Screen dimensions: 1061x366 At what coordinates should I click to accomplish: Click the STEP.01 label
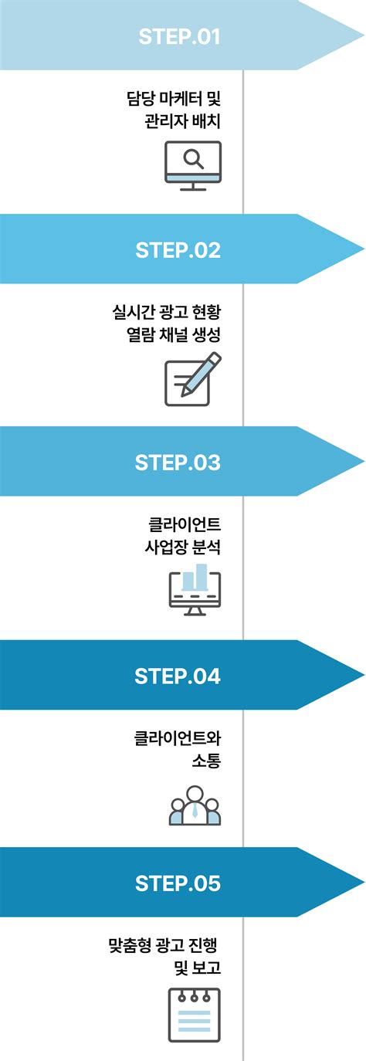tap(179, 36)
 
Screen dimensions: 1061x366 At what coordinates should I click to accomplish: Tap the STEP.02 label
tap(178, 250)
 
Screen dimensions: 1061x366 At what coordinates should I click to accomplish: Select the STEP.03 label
tap(178, 463)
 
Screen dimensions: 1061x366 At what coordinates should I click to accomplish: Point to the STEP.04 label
tap(178, 676)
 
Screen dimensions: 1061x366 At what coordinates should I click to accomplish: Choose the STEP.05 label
tap(178, 883)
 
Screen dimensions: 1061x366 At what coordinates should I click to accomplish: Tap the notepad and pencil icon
tap(192, 378)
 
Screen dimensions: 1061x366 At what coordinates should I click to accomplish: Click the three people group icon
tap(195, 805)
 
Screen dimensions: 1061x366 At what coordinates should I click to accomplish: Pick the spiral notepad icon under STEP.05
tap(195, 1015)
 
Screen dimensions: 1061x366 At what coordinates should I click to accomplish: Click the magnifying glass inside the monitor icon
tap(194, 158)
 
